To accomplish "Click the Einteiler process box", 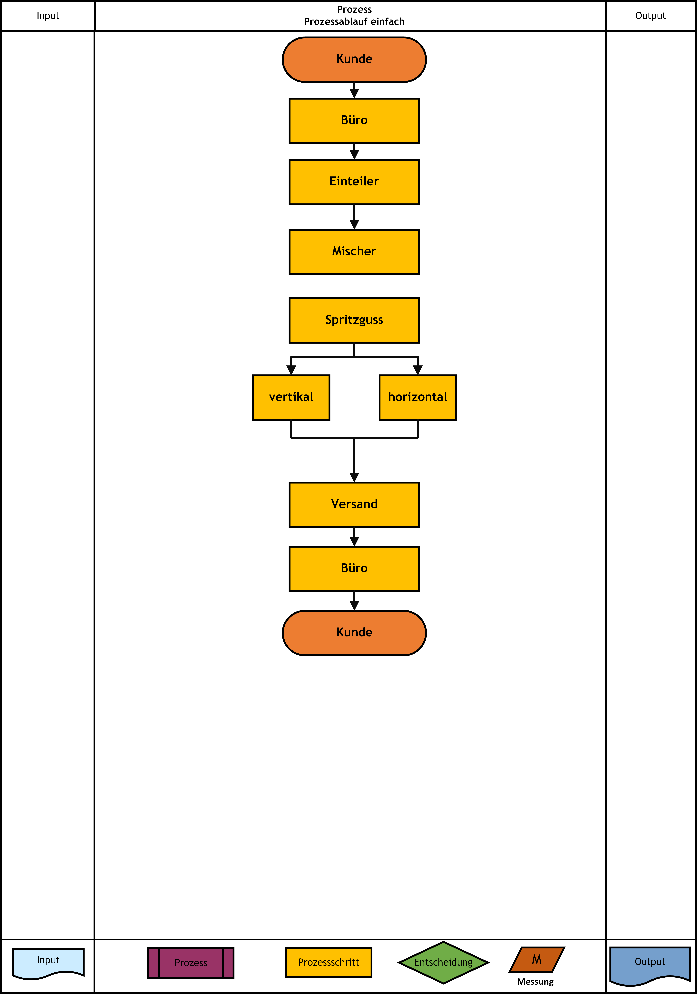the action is (354, 182).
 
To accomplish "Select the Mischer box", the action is (354, 252).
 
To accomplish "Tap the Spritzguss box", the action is (354, 320).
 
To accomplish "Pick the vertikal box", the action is (291, 397).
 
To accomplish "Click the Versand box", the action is (354, 505).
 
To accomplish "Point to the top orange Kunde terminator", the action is (354, 59).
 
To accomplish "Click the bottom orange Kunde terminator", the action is (354, 633).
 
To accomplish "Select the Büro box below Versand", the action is (354, 569).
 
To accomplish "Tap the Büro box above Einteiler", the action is (354, 121).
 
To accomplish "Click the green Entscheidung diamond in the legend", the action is (443, 962).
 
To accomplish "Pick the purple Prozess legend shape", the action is (191, 963).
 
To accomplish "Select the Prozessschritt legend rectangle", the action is (329, 962).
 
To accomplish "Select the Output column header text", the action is (650, 16).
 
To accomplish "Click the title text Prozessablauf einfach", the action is (354, 22).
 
